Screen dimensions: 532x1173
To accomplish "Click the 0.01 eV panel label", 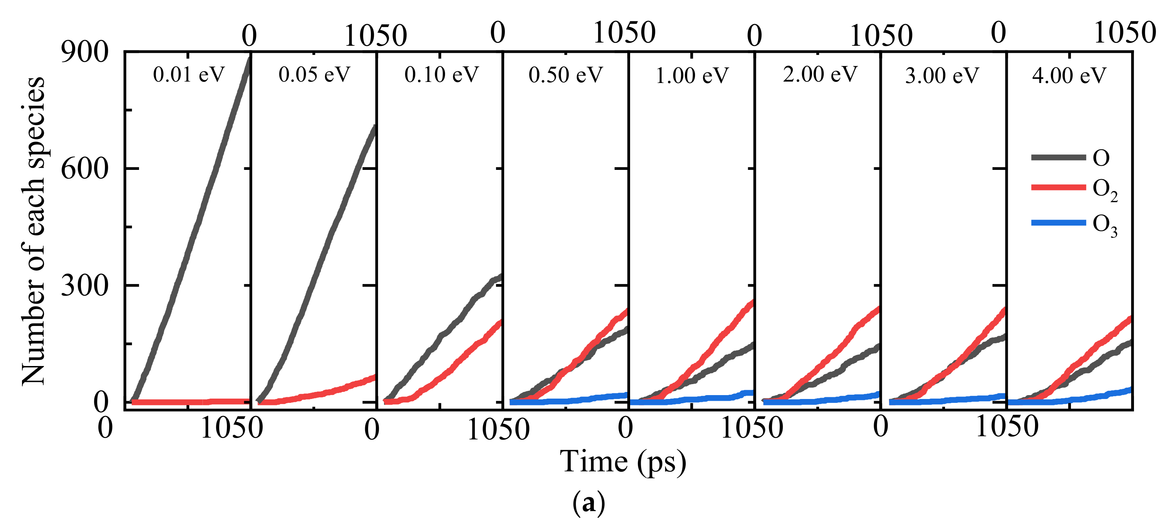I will point(189,74).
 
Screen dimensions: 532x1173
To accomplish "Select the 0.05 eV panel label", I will point(314,74).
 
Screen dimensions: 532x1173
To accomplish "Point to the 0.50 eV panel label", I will point(566,74).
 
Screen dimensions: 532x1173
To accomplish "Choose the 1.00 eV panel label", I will point(692,75).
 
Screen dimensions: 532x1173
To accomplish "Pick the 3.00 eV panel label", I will point(942,75).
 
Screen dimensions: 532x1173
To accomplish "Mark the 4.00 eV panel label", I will point(1069,75).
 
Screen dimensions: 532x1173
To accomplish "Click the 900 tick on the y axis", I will point(85,52).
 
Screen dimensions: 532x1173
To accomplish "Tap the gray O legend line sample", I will point(1058,157).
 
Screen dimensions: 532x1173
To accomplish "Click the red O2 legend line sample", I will point(1058,187).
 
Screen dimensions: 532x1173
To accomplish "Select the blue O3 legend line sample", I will point(1058,223).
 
